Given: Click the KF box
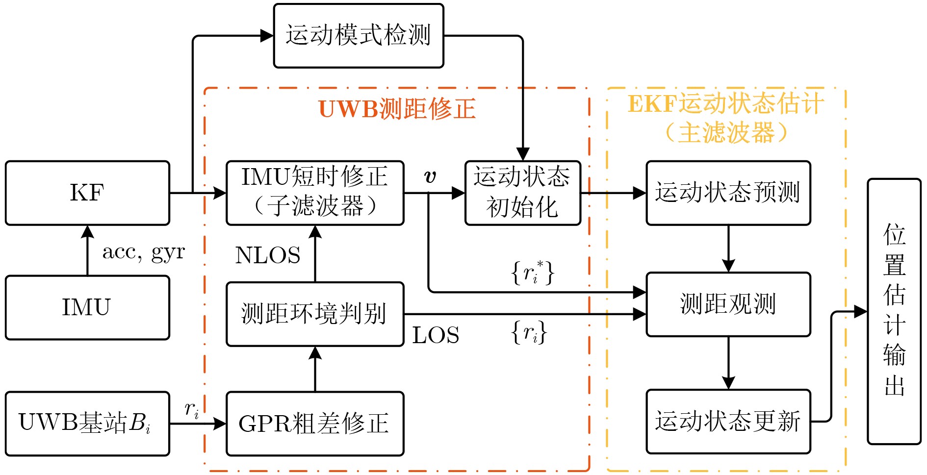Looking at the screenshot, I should pos(87,193).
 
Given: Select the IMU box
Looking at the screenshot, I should pos(87,307).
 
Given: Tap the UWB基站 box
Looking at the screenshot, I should pos(87,423).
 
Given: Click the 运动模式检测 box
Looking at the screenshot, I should pos(359,36).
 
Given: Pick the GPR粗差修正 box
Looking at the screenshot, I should pos(315,423).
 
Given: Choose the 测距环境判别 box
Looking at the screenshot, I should pos(315,314).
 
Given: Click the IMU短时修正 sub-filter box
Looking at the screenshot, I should pos(315,193).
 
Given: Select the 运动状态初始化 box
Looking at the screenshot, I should pos(522,193).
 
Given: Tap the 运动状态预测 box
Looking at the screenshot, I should pos(728,193).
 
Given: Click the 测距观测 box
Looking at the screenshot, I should pos(728,304).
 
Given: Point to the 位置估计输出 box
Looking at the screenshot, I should pos(894,311).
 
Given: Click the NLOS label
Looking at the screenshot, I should pos(268,255).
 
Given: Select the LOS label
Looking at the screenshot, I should pos(436,336).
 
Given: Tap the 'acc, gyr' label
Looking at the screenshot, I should pos(144,252).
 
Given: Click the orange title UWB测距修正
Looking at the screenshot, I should pos(397,109).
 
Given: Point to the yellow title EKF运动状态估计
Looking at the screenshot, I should pos(726,104).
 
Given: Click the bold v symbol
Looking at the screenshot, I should pos(430,176).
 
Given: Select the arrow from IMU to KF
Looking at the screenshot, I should pos(87,250).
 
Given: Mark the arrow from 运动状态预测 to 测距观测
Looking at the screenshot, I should pos(728,249).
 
